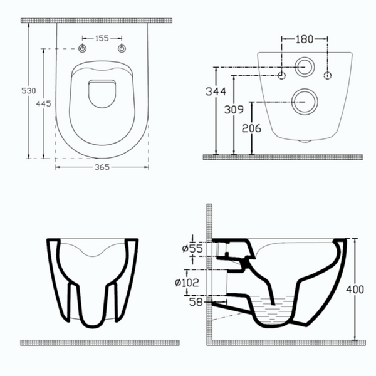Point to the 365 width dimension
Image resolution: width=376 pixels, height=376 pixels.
102,167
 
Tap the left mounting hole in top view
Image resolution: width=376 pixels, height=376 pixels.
83,50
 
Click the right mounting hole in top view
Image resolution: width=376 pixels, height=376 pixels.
122,50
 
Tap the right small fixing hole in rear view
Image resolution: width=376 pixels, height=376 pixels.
328,76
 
